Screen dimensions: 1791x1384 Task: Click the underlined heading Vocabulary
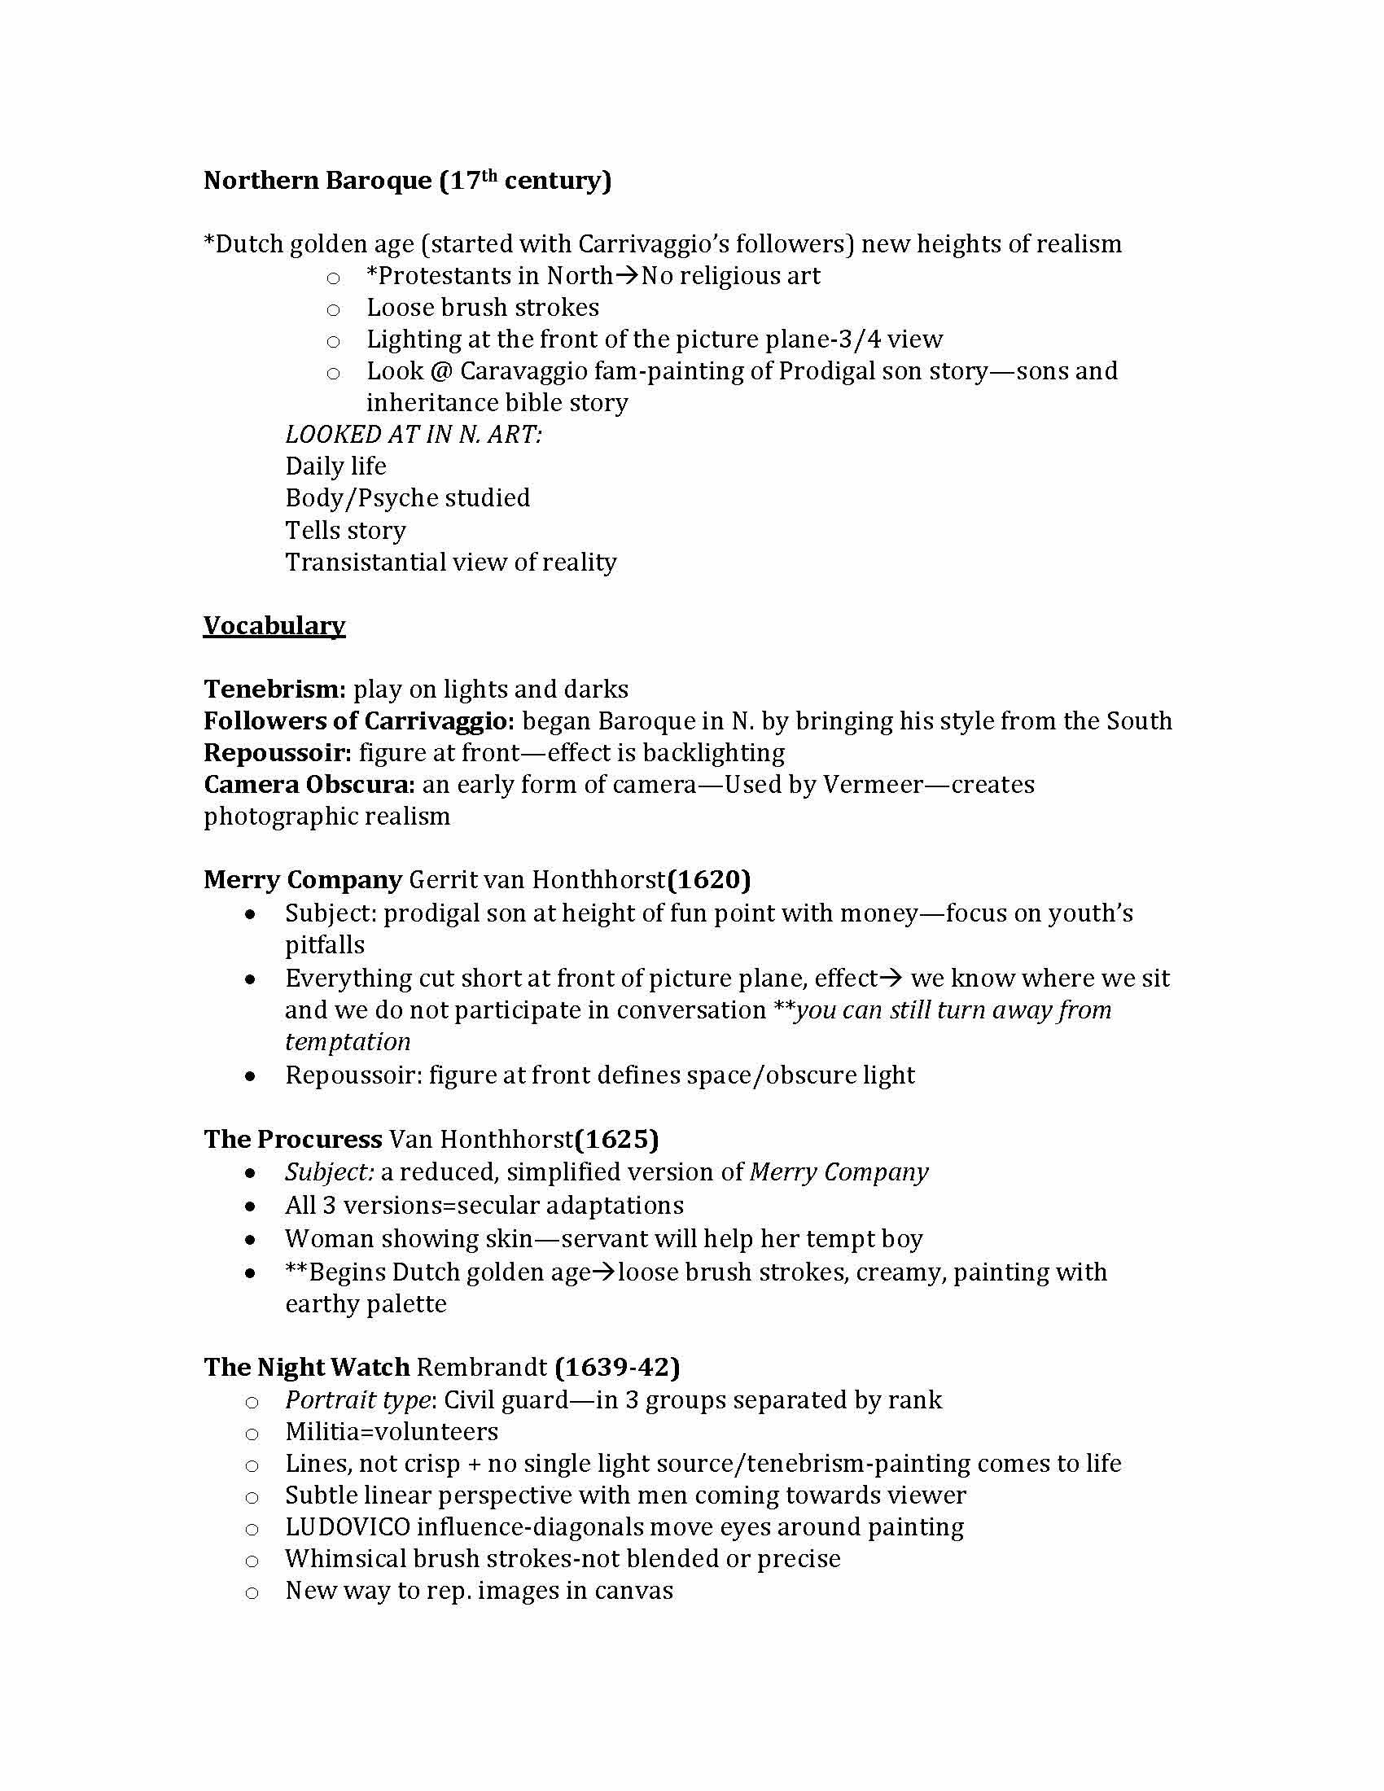[x=274, y=627]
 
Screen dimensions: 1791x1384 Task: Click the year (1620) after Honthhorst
[x=708, y=881]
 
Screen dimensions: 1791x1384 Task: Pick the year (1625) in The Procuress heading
[x=616, y=1140]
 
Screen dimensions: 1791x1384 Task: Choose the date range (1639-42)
[x=617, y=1367]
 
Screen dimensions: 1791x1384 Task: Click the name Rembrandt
[x=481, y=1367]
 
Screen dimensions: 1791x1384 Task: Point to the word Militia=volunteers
[x=392, y=1432]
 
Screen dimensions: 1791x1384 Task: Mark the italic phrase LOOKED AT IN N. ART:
[x=414, y=435]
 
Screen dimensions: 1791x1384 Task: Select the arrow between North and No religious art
[x=626, y=276]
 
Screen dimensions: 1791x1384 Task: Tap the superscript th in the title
[x=489, y=174]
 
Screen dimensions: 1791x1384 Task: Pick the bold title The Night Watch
[x=307, y=1367]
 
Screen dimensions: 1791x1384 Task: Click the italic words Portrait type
[x=357, y=1400]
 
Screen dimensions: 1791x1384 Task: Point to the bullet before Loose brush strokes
[x=333, y=310]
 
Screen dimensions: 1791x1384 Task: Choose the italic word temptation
[x=348, y=1042]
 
